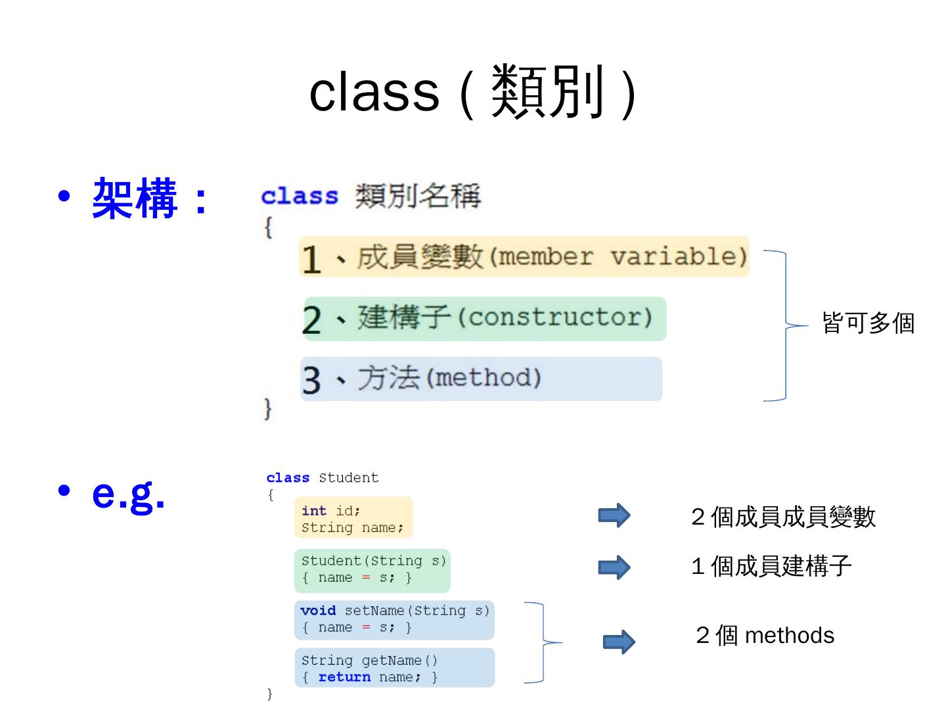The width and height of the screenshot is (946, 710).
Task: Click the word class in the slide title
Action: click(374, 92)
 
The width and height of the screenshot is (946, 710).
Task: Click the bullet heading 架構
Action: click(135, 198)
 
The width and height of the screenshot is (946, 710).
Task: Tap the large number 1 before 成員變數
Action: click(311, 259)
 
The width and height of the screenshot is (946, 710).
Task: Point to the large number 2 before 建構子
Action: click(311, 320)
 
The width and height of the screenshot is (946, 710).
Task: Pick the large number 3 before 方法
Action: click(311, 381)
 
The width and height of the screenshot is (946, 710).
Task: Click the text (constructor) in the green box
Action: click(555, 318)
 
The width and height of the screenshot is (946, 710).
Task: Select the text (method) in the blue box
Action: click(484, 378)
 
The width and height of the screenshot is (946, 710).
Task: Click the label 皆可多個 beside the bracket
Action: click(868, 323)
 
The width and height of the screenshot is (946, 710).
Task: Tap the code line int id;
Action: click(330, 511)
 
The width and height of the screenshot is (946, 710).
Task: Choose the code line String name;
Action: click(353, 528)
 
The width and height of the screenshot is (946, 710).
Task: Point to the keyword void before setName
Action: click(318, 611)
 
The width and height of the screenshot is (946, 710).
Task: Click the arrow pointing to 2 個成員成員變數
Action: click(614, 515)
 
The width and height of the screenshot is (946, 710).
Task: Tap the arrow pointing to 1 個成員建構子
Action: click(614, 567)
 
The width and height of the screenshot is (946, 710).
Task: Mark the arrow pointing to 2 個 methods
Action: click(619, 642)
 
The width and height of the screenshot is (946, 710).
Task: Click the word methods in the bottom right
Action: click(790, 636)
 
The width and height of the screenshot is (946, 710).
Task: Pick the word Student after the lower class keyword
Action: click(349, 478)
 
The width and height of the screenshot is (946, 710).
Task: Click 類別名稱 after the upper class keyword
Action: click(418, 196)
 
